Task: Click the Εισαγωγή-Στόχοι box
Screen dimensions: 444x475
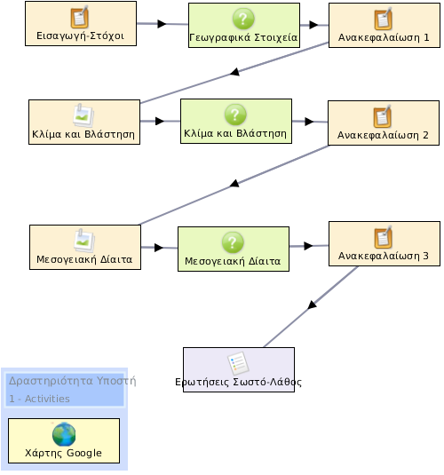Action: tap(81, 24)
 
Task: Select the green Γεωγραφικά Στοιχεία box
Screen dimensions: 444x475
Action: tap(244, 26)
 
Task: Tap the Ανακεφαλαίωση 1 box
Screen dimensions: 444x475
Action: tap(385, 25)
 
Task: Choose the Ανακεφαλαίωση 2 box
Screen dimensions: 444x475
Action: tap(384, 123)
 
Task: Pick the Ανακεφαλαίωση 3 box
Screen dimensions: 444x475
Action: tap(385, 244)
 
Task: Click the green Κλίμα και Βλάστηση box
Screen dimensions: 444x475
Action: tap(236, 121)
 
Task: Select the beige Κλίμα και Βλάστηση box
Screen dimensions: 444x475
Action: tap(84, 123)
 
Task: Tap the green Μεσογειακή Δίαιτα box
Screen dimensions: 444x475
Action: tap(234, 249)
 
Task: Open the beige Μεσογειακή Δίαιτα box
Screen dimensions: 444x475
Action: tap(85, 247)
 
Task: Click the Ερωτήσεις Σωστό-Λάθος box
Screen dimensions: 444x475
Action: tap(239, 370)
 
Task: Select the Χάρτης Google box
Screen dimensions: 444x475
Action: tap(64, 440)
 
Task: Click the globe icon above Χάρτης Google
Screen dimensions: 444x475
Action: tap(64, 434)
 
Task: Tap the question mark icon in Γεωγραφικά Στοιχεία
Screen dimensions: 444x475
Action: tap(243, 19)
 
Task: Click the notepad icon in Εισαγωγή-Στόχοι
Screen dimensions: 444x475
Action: tap(80, 17)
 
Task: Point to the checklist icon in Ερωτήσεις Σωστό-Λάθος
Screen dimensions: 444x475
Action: tap(239, 363)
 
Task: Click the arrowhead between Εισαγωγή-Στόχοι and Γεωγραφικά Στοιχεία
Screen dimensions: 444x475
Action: tap(163, 24)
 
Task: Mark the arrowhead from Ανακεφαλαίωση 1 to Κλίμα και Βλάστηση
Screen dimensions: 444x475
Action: tap(234, 72)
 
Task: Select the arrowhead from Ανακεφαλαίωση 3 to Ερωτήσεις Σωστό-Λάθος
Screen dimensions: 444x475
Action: tap(312, 305)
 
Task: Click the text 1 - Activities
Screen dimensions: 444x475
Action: tap(39, 399)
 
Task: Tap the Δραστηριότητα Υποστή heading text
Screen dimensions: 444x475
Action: tap(73, 381)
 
